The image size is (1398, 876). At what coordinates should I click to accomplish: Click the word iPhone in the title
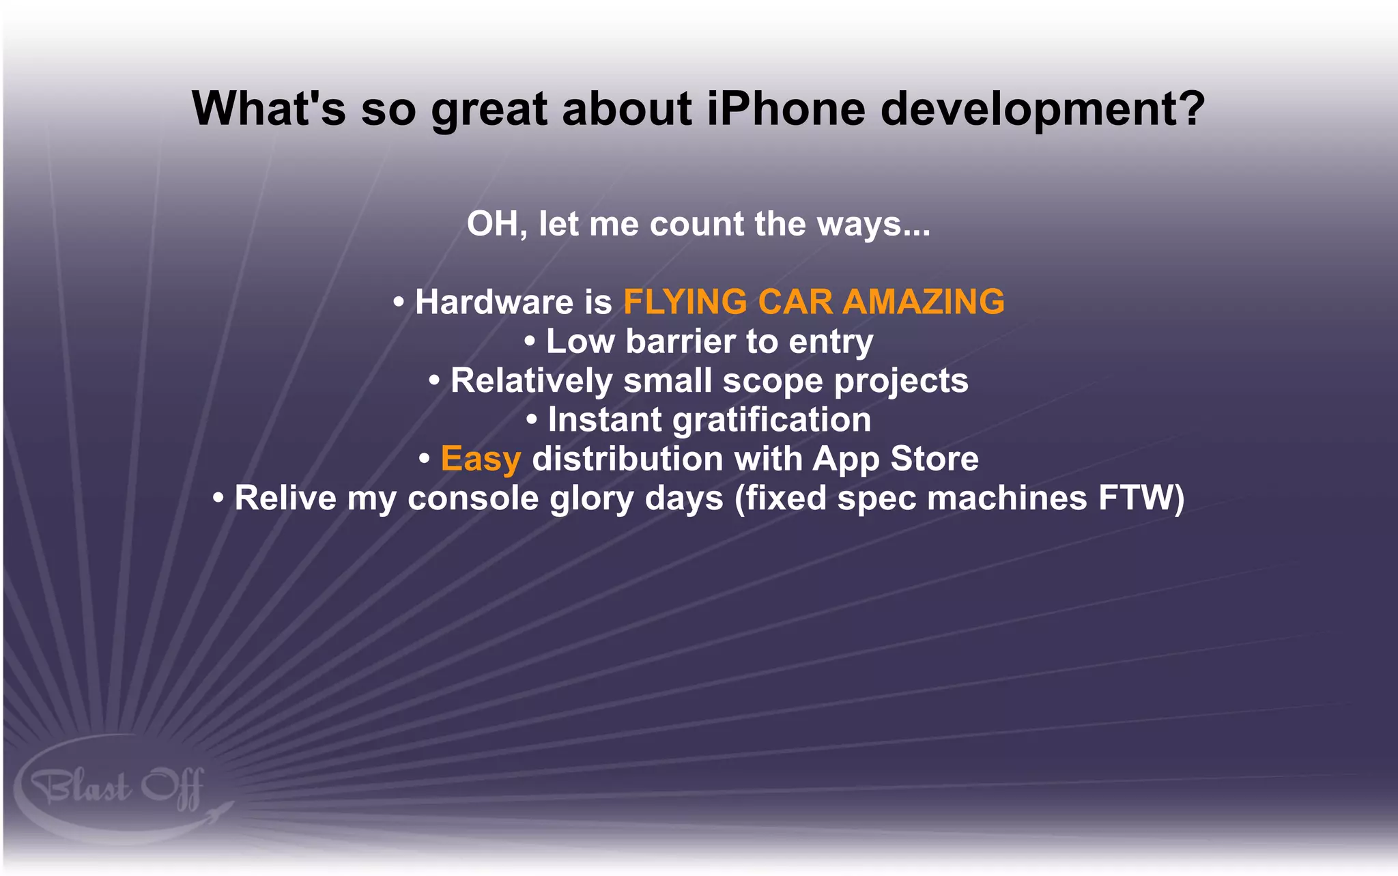(x=786, y=109)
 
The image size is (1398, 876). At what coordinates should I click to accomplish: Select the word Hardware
(x=494, y=302)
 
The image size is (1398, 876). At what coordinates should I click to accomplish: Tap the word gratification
(x=771, y=420)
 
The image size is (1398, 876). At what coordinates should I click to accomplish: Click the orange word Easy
(x=481, y=459)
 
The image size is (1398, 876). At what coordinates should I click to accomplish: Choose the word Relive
(x=285, y=498)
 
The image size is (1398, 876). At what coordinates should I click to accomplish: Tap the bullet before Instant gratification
(x=532, y=419)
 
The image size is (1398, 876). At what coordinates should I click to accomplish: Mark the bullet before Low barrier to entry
(x=530, y=341)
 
